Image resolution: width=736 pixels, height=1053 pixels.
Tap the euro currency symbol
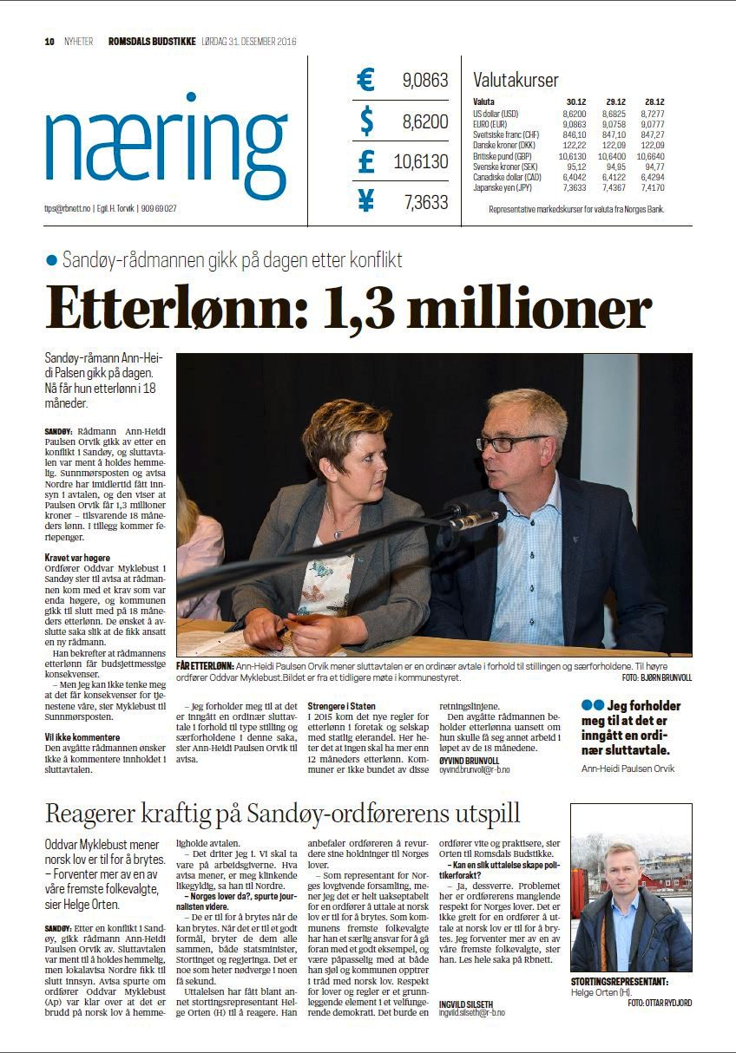365,81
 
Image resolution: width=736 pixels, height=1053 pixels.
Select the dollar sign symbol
366,121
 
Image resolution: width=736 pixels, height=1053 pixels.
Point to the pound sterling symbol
365,161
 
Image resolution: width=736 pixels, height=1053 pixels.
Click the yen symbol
365,202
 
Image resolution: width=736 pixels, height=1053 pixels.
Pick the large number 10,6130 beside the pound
421,162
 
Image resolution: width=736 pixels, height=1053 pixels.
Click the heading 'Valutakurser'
516,81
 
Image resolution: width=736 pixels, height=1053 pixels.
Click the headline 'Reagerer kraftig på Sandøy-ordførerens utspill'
283,814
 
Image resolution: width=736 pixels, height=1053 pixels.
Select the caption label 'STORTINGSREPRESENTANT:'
619,982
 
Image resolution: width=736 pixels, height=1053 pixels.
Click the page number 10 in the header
49,41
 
